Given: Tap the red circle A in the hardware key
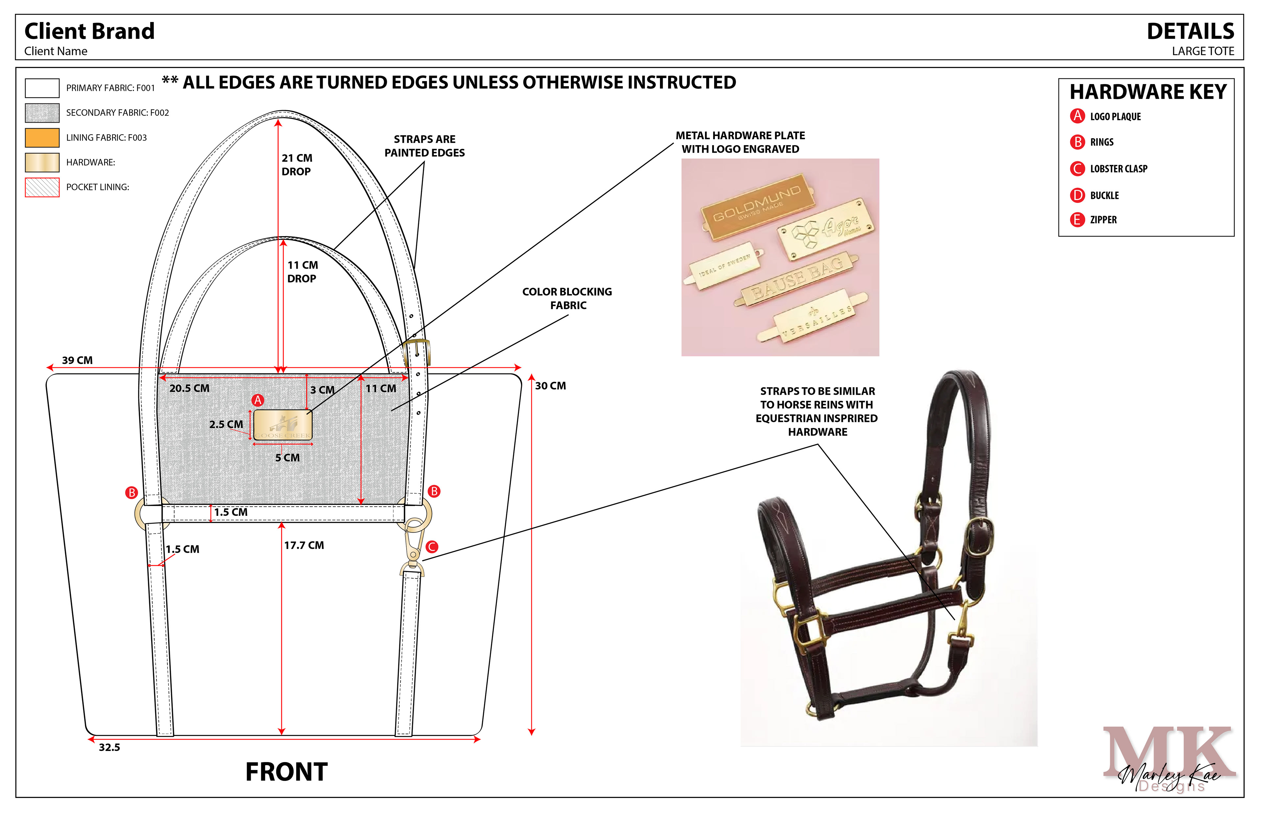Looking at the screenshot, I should coord(1077,116).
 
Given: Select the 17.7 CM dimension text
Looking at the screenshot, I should coord(304,545).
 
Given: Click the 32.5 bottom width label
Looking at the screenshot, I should coord(109,748).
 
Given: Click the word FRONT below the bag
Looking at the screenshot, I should coord(286,772).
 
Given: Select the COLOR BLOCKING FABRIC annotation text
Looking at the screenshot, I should coord(567,298).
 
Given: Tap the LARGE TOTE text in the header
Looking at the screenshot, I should coord(1203,52).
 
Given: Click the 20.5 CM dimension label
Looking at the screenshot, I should coord(189,388).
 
